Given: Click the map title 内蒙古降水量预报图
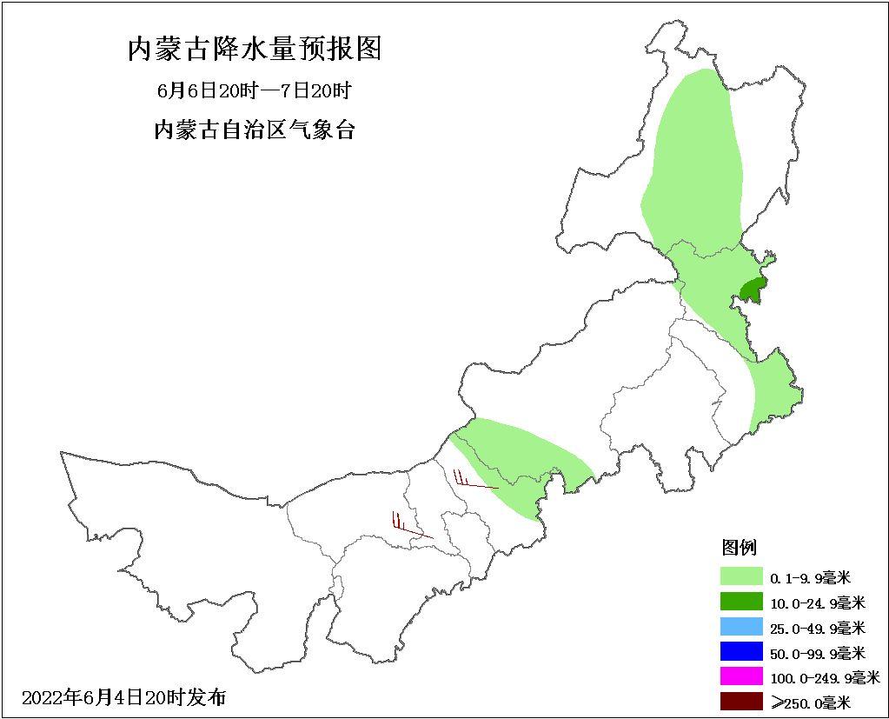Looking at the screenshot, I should click(255, 50).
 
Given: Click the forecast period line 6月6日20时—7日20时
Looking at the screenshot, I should click(254, 91).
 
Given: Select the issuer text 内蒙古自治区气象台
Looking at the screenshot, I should click(254, 131).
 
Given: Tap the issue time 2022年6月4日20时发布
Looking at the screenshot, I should click(123, 697).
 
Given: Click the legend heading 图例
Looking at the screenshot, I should click(739, 548).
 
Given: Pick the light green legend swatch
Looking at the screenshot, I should click(741, 576).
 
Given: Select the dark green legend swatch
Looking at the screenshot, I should click(741, 602).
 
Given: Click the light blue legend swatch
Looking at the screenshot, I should click(741, 627).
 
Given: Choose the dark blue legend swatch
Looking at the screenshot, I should click(741, 652).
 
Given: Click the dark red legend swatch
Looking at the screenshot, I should click(741, 702).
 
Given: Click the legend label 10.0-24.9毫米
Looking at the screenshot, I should click(817, 602).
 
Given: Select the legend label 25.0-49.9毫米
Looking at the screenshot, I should click(817, 628).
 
